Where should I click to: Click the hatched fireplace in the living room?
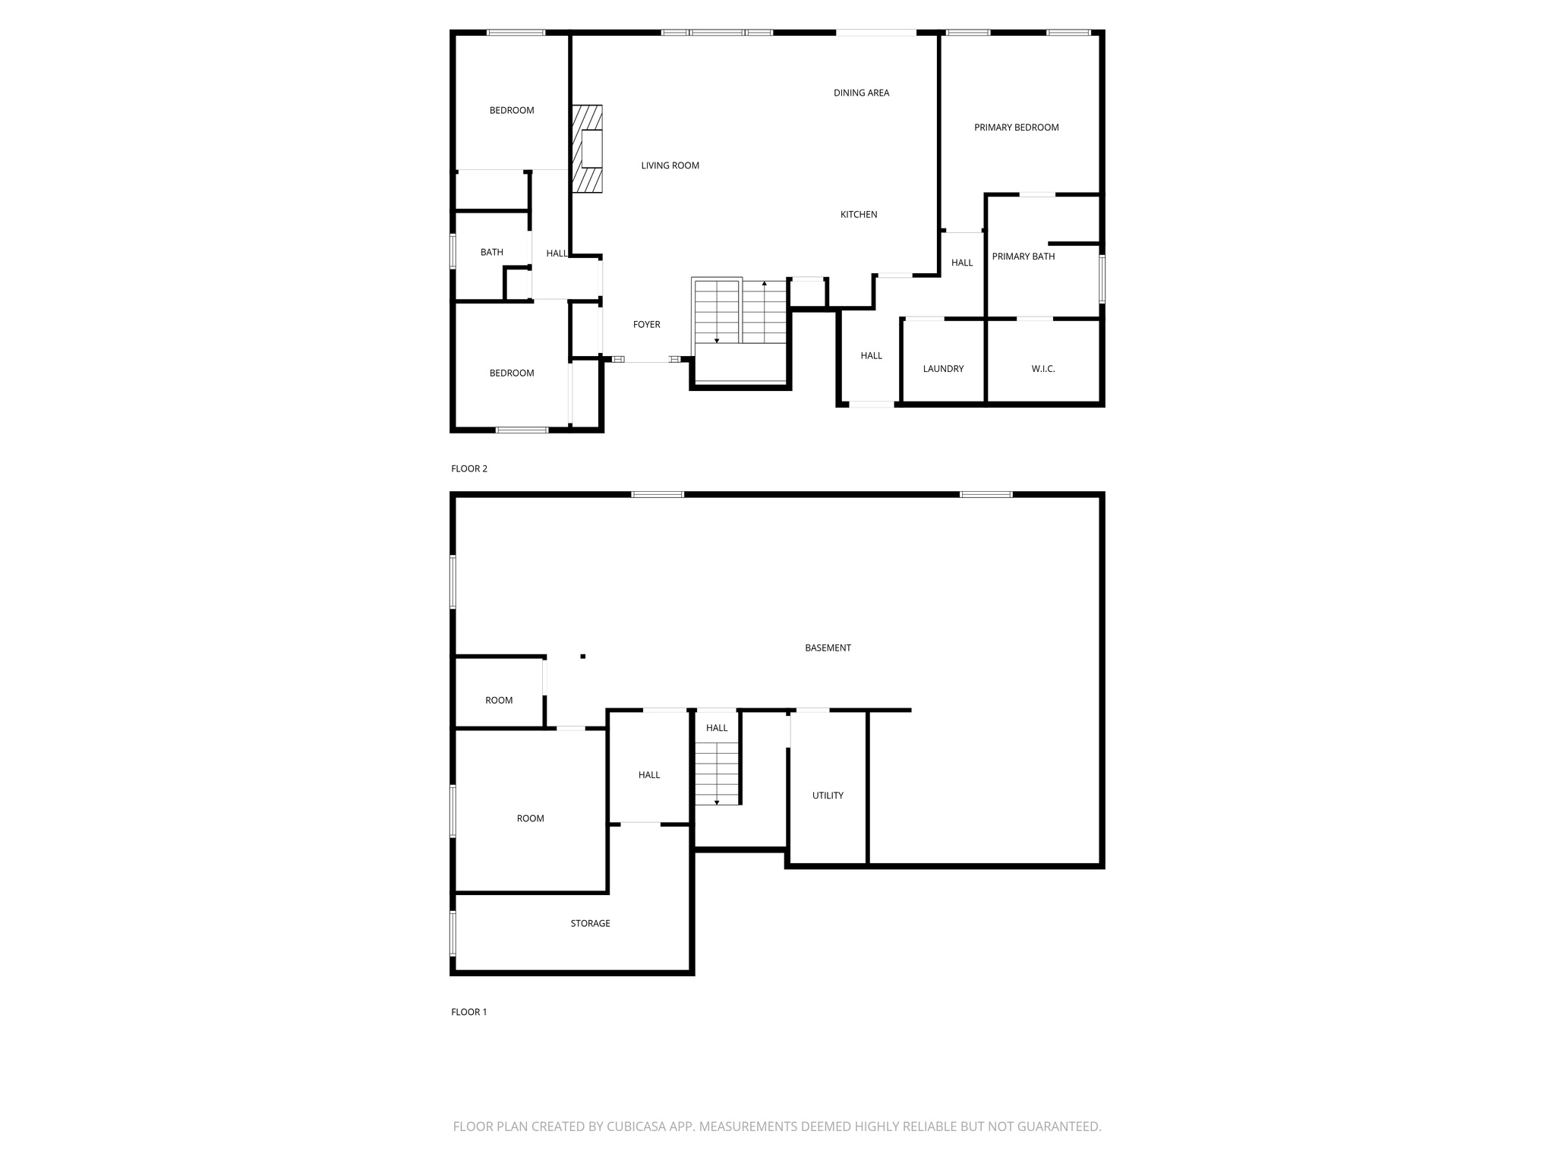point(587,149)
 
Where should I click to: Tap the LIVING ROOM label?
point(670,165)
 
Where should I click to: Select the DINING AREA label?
point(861,93)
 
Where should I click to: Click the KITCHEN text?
point(858,215)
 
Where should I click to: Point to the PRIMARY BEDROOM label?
point(1016,128)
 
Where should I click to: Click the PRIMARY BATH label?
point(1023,257)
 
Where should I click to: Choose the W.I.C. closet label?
point(1042,369)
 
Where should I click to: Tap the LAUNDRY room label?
point(943,369)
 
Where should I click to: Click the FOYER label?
point(646,325)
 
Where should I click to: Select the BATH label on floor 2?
point(491,252)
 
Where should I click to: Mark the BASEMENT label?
point(828,648)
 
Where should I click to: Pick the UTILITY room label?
point(828,796)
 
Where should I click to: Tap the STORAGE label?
point(590,923)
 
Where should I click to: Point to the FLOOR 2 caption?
point(468,468)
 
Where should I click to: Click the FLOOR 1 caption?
point(468,1012)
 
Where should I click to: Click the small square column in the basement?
point(583,656)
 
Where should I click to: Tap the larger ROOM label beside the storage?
point(530,818)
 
